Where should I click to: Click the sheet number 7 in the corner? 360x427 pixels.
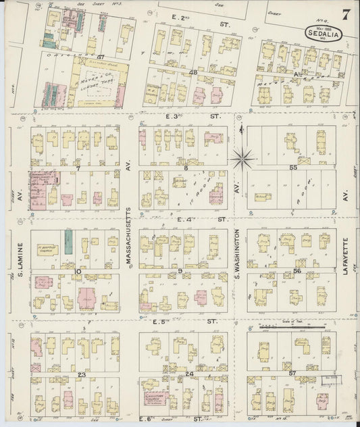tap(345, 14)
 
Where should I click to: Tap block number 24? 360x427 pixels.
tap(188, 373)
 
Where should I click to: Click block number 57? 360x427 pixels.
tap(292, 373)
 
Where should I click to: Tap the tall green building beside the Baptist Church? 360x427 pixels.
tap(68, 240)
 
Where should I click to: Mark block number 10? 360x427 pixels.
tap(78, 271)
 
